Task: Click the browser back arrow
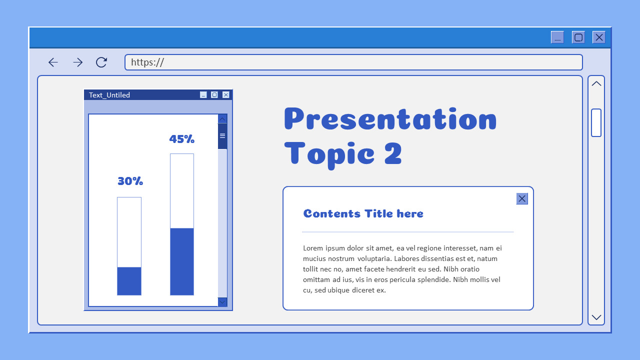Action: (53, 62)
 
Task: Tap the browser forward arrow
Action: (77, 62)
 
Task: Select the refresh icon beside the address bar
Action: (101, 62)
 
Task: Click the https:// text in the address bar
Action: (147, 62)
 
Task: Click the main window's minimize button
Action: (557, 37)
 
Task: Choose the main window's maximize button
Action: (578, 37)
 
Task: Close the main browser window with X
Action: (599, 37)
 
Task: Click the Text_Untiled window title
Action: (109, 95)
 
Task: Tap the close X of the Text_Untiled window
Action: (226, 95)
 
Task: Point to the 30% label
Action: (130, 181)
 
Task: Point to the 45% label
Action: (182, 139)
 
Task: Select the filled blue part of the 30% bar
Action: (129, 281)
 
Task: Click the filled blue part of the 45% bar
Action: (182, 261)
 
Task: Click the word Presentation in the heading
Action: (390, 119)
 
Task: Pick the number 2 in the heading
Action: (393, 153)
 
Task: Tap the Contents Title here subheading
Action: (363, 213)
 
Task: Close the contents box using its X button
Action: (522, 198)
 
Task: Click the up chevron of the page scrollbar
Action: (596, 83)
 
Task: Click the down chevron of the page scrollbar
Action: (596, 317)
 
